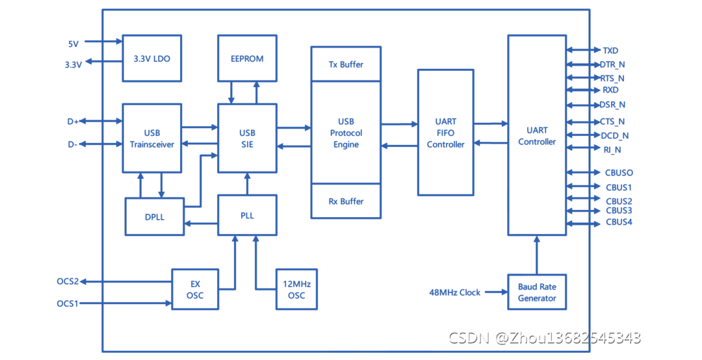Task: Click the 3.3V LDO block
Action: (152, 58)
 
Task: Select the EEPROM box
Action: (247, 58)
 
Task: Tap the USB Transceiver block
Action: (152, 138)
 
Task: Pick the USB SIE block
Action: (247, 138)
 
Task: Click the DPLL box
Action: (155, 216)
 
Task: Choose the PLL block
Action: (247, 215)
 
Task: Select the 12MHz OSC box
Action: (296, 289)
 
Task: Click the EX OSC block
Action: (195, 289)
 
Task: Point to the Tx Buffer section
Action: (346, 64)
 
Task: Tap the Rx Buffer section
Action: (346, 201)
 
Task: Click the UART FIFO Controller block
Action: (446, 133)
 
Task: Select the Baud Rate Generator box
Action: (536, 292)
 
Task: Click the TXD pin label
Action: (610, 50)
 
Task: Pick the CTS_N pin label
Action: (612, 122)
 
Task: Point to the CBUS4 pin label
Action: (619, 222)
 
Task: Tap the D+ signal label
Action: (73, 122)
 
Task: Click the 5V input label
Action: (73, 44)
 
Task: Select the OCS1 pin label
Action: (68, 303)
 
